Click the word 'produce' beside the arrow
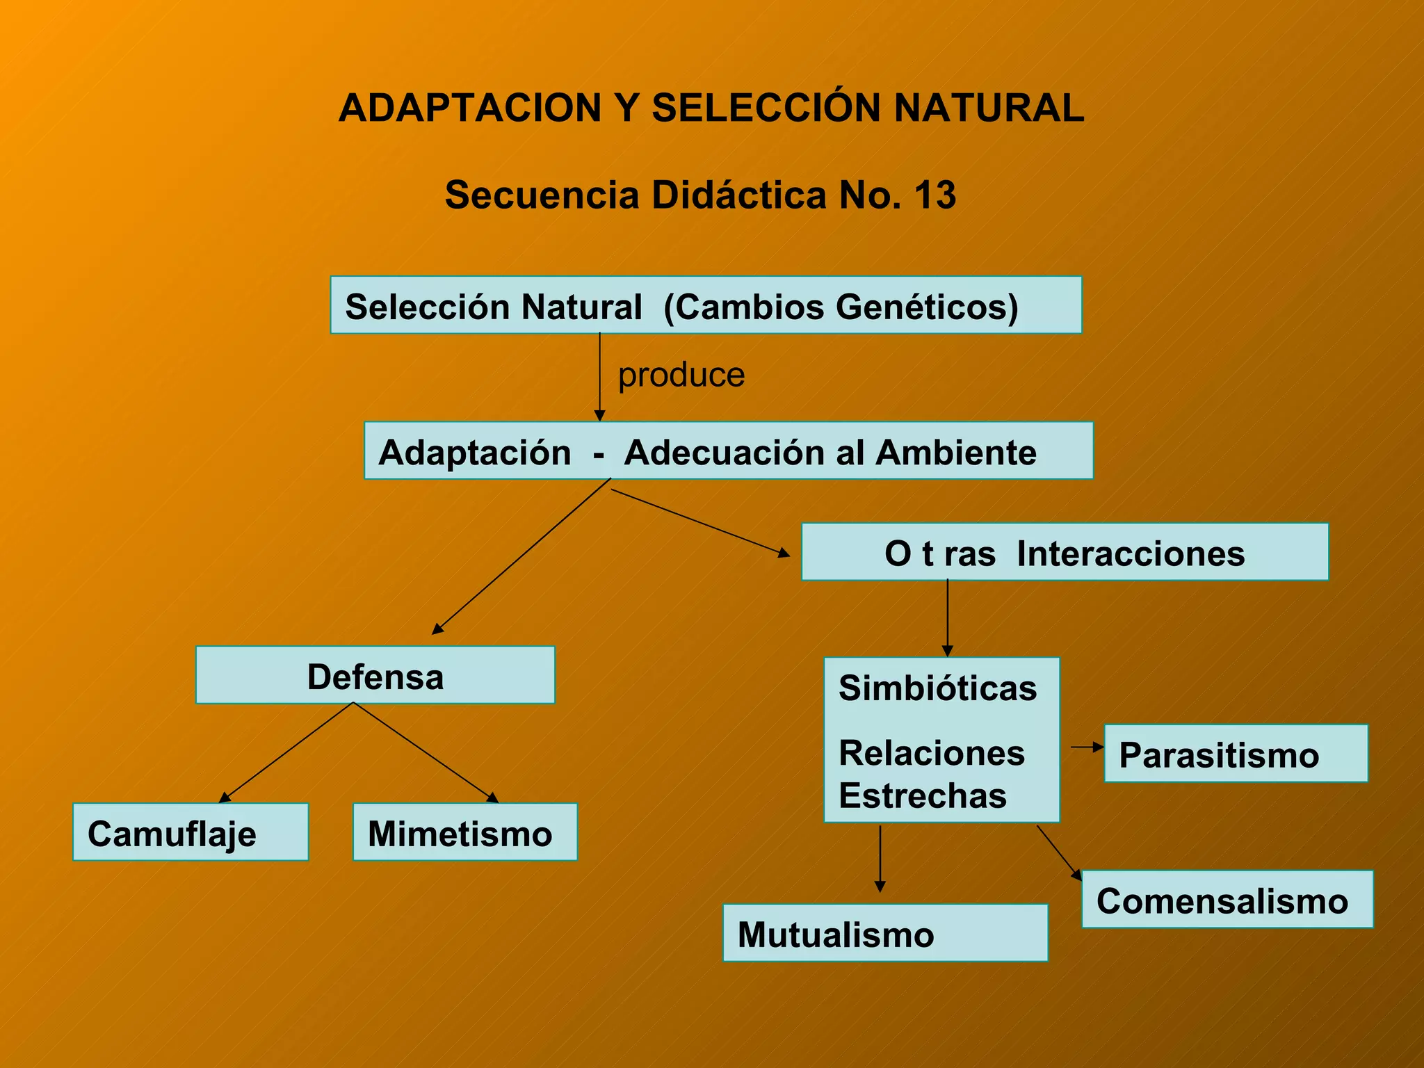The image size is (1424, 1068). (x=681, y=375)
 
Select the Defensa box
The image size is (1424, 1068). (x=375, y=675)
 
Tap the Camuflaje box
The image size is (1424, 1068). (x=190, y=832)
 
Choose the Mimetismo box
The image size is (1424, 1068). (x=464, y=832)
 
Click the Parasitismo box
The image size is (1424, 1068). (x=1236, y=754)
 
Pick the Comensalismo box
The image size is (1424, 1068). (x=1227, y=899)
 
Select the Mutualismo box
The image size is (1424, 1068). (x=884, y=933)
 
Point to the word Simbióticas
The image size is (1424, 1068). (x=937, y=688)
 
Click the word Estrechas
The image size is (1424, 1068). (x=923, y=795)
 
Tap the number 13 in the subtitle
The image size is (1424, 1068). (x=935, y=195)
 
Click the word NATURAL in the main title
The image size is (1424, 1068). (x=988, y=108)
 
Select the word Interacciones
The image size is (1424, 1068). (x=1131, y=553)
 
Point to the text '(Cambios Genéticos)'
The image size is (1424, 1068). (x=841, y=307)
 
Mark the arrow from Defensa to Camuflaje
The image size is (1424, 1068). (x=287, y=752)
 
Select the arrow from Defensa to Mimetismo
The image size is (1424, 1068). (x=426, y=752)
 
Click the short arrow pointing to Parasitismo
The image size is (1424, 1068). (x=1087, y=747)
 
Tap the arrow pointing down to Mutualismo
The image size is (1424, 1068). (x=880, y=859)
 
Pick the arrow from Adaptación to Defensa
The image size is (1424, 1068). (x=521, y=556)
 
